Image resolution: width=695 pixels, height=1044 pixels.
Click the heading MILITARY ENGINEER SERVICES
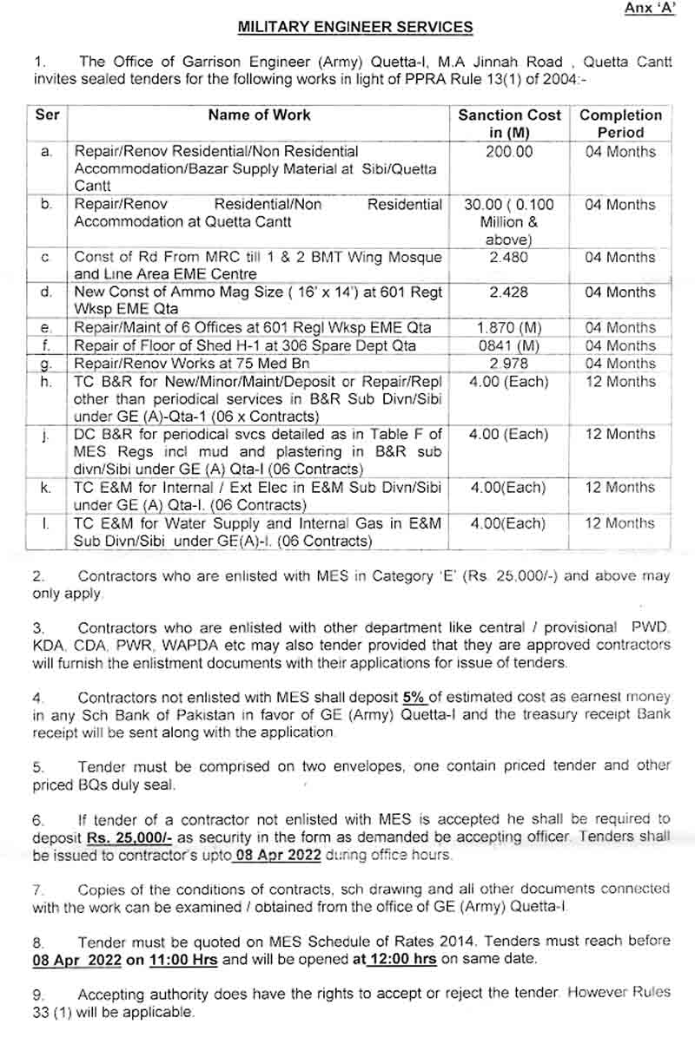pos(355,28)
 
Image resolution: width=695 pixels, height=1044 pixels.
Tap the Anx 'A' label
pos(649,9)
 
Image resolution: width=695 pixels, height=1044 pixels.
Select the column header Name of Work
pos(259,115)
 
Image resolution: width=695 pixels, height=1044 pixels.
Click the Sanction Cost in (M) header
pos(510,123)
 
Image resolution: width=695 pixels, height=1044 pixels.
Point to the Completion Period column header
pos(620,123)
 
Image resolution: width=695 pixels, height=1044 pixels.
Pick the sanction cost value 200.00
pos(510,152)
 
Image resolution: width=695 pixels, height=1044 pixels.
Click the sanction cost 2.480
pos(509,258)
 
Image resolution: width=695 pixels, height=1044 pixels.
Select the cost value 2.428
pos(509,292)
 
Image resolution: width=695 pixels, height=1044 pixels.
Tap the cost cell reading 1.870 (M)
pos(509,328)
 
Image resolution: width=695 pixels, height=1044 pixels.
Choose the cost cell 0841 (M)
pos(509,345)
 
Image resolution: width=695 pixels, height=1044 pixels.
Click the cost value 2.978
pos(509,364)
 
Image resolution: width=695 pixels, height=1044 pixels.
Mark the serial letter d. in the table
pos(47,292)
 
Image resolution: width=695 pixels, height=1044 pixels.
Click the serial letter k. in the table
pos(47,488)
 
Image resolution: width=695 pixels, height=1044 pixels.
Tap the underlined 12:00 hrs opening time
pos(404,959)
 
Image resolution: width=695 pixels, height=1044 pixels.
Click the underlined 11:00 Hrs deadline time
pos(184,959)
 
